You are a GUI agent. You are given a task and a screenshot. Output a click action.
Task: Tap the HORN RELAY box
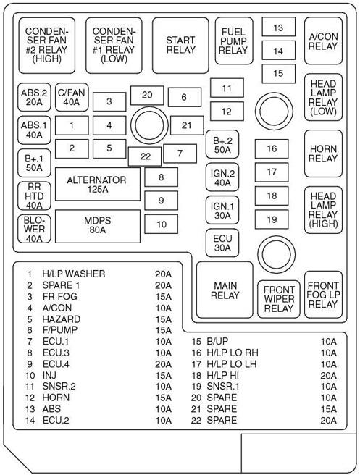coord(323,153)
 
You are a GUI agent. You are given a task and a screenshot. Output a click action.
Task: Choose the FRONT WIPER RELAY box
coord(279,298)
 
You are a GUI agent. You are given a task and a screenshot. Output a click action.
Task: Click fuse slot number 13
coord(278,28)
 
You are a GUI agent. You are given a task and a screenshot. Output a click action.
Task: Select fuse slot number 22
coord(146,156)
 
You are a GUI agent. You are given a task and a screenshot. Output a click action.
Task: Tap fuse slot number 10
coord(162,224)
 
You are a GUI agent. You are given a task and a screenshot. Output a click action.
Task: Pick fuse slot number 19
coord(272,219)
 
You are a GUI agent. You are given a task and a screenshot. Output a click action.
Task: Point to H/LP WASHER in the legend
coord(74,274)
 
